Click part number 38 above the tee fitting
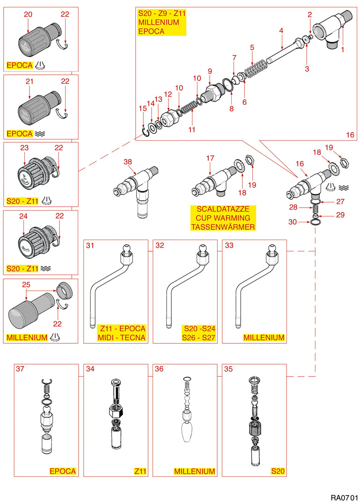pyautogui.click(x=128, y=161)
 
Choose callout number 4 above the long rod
pyautogui.click(x=281, y=31)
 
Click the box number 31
pyautogui.click(x=90, y=245)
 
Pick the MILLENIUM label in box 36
pyautogui.click(x=194, y=471)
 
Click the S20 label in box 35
pyautogui.click(x=278, y=471)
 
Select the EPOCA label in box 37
pyautogui.click(x=63, y=471)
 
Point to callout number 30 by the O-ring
pyautogui.click(x=293, y=222)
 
